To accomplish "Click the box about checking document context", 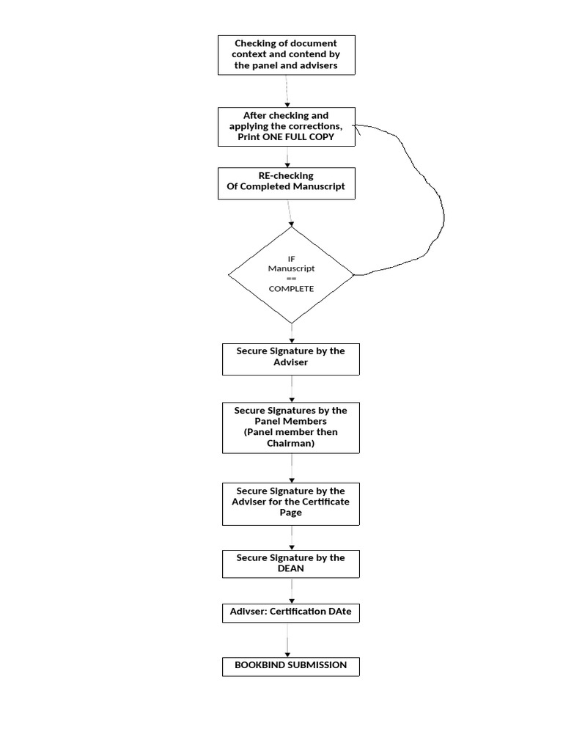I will pyautogui.click(x=287, y=55).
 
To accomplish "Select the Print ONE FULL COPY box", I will pyautogui.click(x=287, y=126).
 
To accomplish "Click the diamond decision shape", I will pyautogui.click(x=291, y=275).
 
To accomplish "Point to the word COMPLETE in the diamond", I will pyautogui.click(x=291, y=289).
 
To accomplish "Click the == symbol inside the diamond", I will pyautogui.click(x=291, y=279).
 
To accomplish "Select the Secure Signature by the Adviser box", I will pyautogui.click(x=291, y=357).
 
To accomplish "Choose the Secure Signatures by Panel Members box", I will pyautogui.click(x=291, y=428).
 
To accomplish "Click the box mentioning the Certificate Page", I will pyautogui.click(x=291, y=502).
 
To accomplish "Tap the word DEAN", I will pyautogui.click(x=291, y=568).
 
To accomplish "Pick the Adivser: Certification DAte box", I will pyautogui.click(x=291, y=612).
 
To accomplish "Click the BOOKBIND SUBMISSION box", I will pyautogui.click(x=291, y=666).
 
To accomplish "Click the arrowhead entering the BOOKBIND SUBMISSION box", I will pyautogui.click(x=287, y=654).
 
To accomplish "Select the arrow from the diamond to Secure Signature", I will pyautogui.click(x=292, y=333).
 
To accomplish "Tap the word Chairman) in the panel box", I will pyautogui.click(x=291, y=444).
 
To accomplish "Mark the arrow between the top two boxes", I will pyautogui.click(x=287, y=91).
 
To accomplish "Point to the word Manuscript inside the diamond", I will pyautogui.click(x=291, y=268).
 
